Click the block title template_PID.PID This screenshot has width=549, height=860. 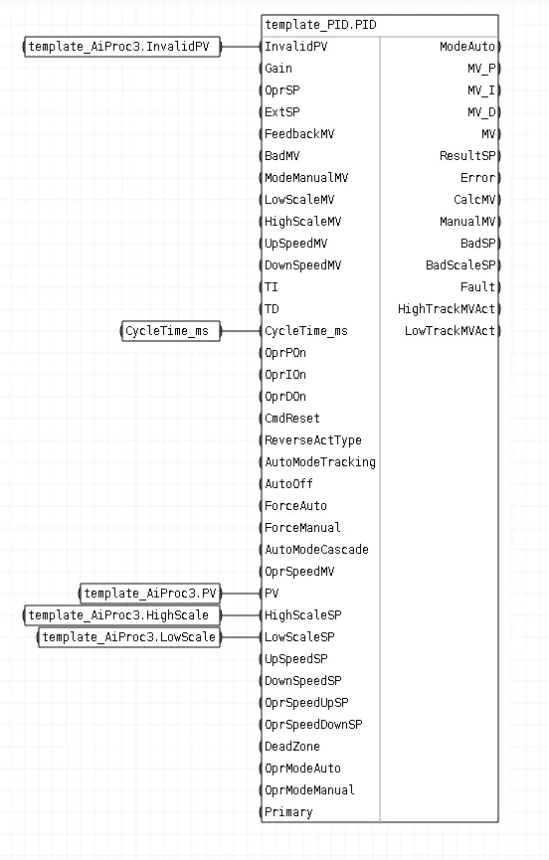pos(321,25)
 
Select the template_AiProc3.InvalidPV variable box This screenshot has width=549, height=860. pos(121,47)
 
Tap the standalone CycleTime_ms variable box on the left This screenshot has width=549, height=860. pos(171,331)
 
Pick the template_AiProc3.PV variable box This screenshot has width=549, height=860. pos(150,594)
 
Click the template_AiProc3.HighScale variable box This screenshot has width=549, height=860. pos(121,615)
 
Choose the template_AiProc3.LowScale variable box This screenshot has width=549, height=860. pos(129,637)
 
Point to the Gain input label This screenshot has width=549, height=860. pos(278,69)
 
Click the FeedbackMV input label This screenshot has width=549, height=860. pos(299,134)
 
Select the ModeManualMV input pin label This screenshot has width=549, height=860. pos(306,178)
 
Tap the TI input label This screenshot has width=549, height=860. pos(271,287)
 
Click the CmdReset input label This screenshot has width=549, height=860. pos(291,419)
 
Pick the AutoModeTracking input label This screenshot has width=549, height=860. pos(319,462)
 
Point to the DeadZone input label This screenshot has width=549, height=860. pos(291,747)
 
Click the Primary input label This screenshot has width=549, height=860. pos(288,812)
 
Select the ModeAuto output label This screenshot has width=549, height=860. pos(467,47)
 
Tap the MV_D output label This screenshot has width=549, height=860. pos(481,112)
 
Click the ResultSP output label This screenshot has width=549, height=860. pos(467,156)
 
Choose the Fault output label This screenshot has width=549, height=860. pos(477,287)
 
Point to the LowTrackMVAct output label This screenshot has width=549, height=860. pos(450,331)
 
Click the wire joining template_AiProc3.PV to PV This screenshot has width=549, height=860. pos(242,594)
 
